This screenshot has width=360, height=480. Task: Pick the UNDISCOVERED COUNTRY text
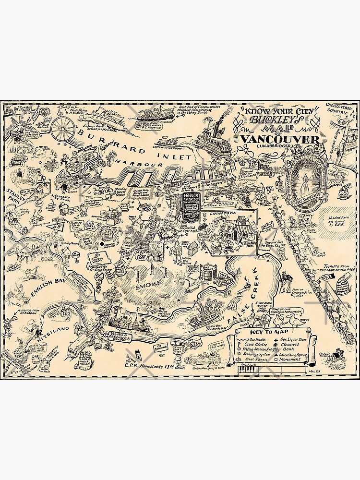point(340,108)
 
